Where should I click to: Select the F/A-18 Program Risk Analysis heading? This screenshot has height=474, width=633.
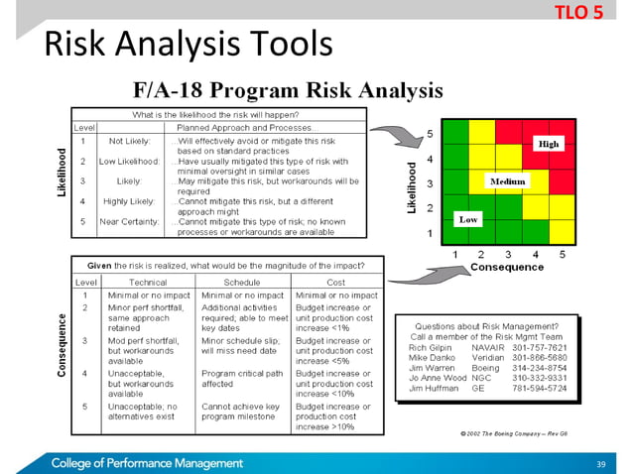coord(288,91)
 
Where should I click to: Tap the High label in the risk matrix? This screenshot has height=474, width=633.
coord(548,144)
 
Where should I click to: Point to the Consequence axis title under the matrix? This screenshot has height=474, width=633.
coord(505,268)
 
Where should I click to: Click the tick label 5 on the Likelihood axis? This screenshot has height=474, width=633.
coord(429,133)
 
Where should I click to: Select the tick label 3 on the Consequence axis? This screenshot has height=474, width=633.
coord(507,254)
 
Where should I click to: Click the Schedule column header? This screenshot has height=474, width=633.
coord(235,282)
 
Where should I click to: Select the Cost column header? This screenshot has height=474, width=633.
coord(335,282)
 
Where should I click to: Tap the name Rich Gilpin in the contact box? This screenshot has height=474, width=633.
coord(431,348)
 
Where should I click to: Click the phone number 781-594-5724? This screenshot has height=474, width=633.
coord(539,389)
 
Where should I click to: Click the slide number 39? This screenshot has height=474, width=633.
coord(599,463)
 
